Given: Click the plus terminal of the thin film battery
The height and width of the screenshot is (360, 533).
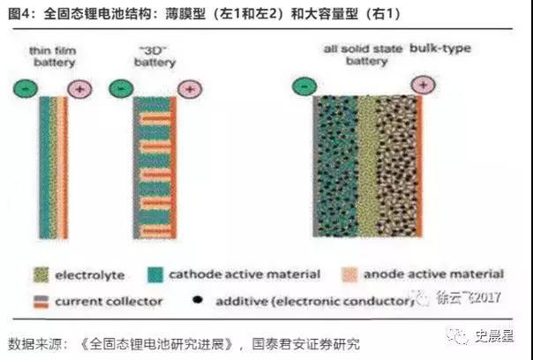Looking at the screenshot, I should pos(80,89).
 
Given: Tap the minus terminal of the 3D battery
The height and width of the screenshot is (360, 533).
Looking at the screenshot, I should pos(118,88).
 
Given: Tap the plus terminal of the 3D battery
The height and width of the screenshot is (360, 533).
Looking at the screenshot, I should pos(190,88).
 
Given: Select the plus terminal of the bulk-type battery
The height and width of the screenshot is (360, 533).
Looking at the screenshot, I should pos(423,85).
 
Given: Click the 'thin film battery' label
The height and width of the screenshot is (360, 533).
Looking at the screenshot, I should pos(53,56).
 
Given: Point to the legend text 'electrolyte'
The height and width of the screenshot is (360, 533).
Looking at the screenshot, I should pos(92,274).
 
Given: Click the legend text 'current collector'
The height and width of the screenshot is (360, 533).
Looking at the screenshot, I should pos(109,301).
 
